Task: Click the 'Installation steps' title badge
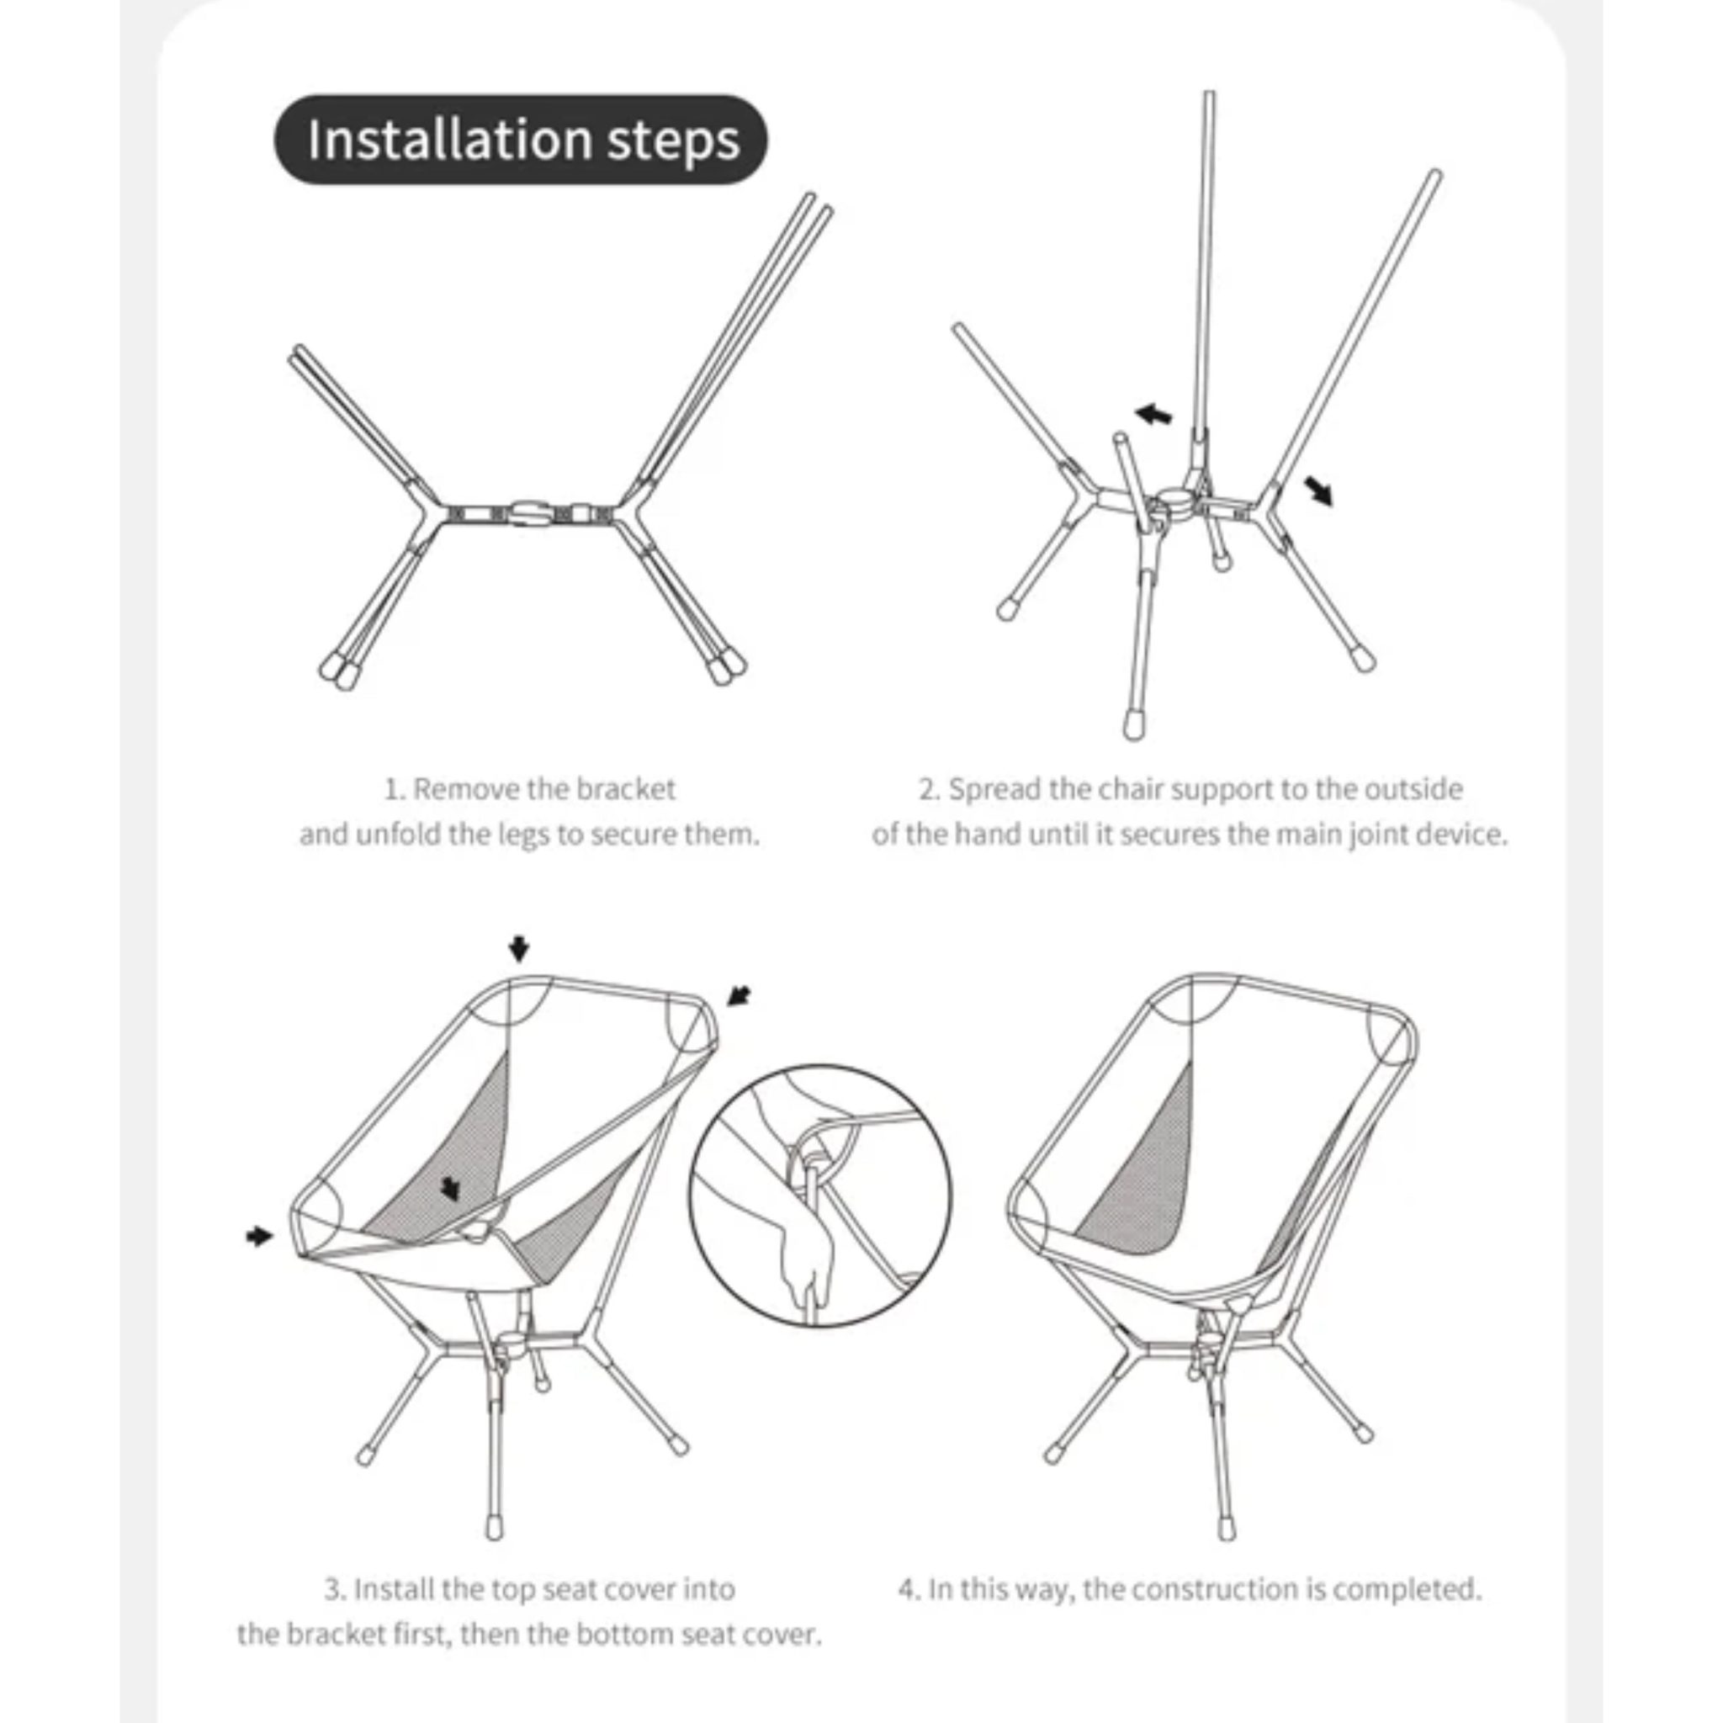520,140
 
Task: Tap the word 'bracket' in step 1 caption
625,789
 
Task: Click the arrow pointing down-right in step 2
1318,490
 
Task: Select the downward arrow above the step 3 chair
519,949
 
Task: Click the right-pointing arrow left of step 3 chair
258,1235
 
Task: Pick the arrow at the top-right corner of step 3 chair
739,995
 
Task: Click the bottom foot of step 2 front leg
1133,724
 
